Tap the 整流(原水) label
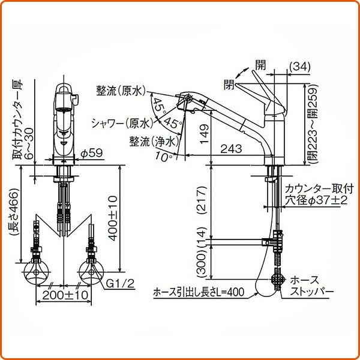coord(121,91)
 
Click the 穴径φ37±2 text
coord(316,199)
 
